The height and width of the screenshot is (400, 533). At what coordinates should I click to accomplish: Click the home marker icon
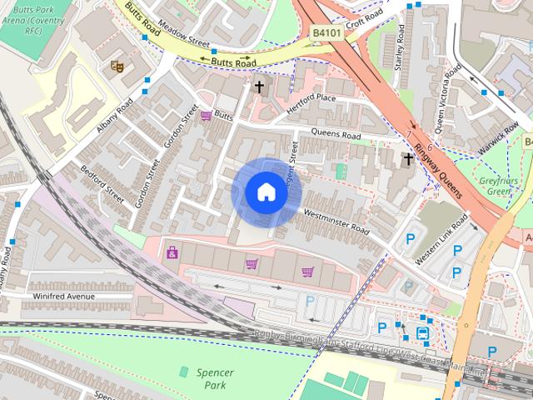pyautogui.click(x=266, y=192)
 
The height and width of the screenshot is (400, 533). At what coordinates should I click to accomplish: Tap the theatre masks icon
pyautogui.click(x=117, y=64)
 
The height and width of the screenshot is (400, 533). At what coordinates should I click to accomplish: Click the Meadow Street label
pyautogui.click(x=175, y=32)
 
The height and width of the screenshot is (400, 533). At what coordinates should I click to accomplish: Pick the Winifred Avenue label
pyautogui.click(x=63, y=297)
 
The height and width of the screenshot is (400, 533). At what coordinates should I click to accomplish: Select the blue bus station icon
pyautogui.click(x=423, y=334)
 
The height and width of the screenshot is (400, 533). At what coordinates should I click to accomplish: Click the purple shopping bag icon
pyautogui.click(x=172, y=252)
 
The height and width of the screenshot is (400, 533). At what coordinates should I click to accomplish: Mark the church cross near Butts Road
pyautogui.click(x=259, y=86)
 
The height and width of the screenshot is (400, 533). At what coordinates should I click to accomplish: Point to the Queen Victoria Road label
pyautogui.click(x=442, y=101)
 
